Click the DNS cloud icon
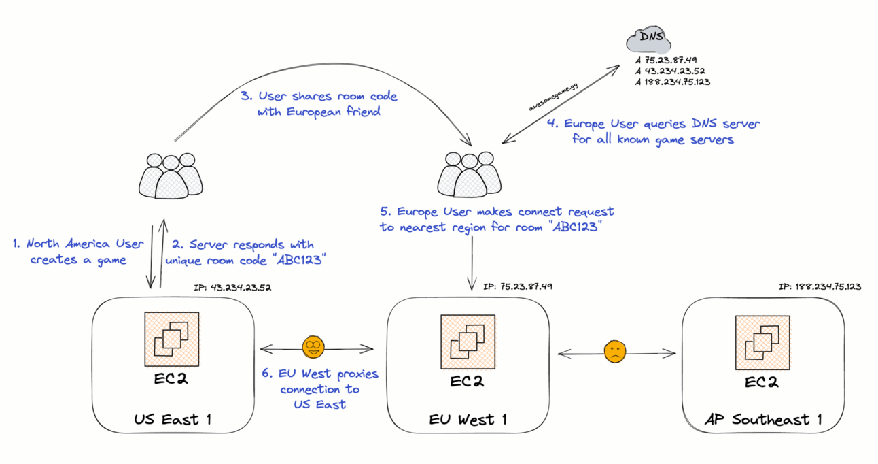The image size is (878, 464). point(649,40)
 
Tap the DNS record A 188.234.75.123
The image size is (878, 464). point(673,82)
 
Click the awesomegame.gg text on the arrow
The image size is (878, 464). point(553,97)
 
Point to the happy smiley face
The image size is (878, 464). point(313,347)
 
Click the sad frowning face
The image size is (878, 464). point(615,352)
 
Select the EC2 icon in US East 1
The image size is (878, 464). point(172,339)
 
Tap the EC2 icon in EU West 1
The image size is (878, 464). point(468,342)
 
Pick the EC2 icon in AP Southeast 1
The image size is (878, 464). point(762,342)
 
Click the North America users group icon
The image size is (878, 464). point(171,176)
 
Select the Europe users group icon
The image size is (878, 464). point(469,174)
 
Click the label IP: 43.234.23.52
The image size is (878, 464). point(232,287)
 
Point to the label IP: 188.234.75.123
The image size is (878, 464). point(820,286)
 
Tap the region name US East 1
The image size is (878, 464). point(173,419)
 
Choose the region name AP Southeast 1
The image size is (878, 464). point(763,419)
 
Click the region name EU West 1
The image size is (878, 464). point(468,420)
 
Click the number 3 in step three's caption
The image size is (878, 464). point(246,96)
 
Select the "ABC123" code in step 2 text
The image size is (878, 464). point(300,259)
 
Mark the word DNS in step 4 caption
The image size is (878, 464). point(704,123)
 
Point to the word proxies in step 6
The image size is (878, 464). point(357,374)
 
